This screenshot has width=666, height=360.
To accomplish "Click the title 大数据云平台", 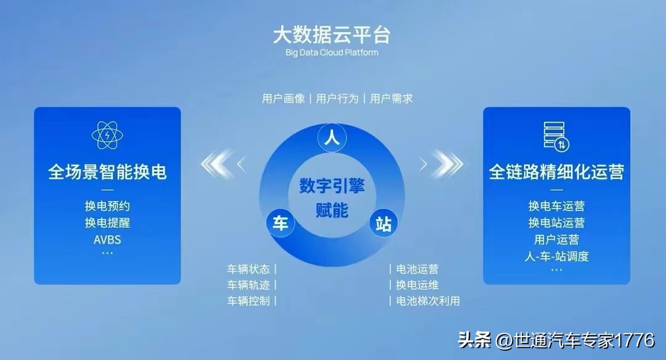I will tap(332, 34).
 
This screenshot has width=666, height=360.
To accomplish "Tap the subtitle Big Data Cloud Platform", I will tap(332, 52).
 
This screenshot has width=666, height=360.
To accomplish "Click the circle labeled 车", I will tap(281, 223).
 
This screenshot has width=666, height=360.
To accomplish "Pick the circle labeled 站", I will tap(383, 223).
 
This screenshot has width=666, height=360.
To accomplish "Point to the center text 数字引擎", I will tap(332, 186).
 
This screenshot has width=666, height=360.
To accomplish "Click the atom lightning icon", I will tap(107, 136).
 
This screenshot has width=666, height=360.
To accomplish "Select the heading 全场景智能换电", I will tap(107, 171).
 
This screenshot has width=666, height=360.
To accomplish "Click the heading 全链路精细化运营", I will tap(556, 171).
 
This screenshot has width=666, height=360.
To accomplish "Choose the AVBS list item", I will tap(107, 239).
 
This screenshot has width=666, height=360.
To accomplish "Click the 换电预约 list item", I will tap(107, 206).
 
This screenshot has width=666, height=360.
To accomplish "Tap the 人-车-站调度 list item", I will tap(556, 256).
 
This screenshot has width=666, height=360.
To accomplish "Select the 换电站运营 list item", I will tap(556, 223).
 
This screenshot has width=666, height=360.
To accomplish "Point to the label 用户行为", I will tap(337, 99).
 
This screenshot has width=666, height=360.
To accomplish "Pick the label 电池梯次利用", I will tap(428, 301).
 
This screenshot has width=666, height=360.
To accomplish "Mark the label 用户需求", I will tap(391, 99).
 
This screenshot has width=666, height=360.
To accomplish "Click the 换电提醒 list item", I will tap(107, 223).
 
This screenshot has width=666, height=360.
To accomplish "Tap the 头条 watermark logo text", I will tap(474, 340).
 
